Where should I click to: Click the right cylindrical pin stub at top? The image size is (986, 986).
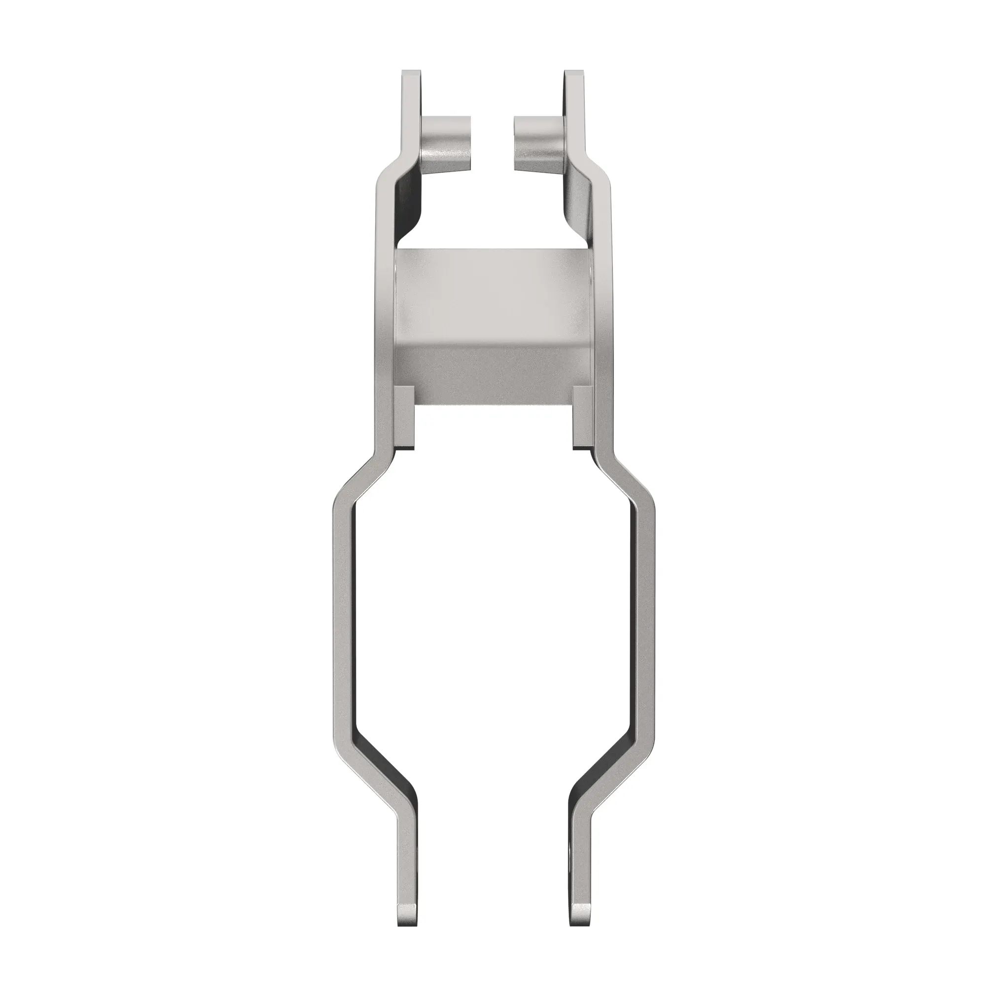pos(538,143)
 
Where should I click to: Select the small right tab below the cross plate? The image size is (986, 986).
pos(582,417)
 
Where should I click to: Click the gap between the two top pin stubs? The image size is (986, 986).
pos(492,143)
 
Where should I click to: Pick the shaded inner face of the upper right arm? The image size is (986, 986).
pos(577,204)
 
